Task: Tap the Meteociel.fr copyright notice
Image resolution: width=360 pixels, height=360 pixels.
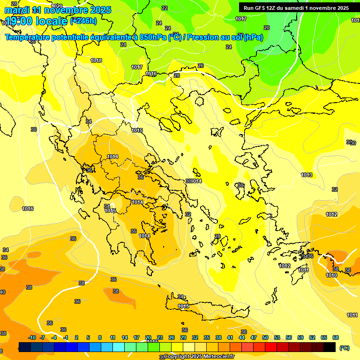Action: [x=199, y=357]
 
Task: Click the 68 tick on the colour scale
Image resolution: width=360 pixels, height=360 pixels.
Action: [x=336, y=337]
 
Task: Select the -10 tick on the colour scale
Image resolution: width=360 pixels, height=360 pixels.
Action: [x=32, y=337]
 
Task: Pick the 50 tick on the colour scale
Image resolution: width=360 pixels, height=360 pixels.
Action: [x=265, y=337]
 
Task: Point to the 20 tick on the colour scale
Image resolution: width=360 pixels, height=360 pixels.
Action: [x=148, y=337]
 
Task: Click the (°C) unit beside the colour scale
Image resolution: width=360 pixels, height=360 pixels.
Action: [x=345, y=348]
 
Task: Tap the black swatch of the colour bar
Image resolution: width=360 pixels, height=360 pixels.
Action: [x=330, y=347]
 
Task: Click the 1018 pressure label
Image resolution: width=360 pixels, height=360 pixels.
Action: [x=96, y=60]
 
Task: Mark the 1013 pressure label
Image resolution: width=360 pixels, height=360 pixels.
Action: [x=307, y=175]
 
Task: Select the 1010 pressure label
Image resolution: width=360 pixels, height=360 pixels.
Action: [x=331, y=275]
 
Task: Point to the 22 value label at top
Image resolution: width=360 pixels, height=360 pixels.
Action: [x=164, y=8]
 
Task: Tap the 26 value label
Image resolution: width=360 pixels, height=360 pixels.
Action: [x=201, y=66]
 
